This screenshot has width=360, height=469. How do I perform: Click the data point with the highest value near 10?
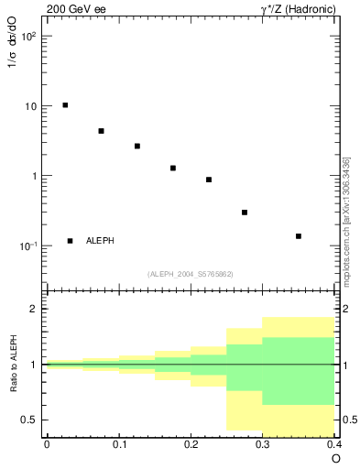click(x=65, y=105)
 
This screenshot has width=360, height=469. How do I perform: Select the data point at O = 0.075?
click(x=101, y=131)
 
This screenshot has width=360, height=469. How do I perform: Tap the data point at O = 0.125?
click(x=136, y=146)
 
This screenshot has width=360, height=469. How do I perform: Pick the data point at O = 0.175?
click(x=173, y=168)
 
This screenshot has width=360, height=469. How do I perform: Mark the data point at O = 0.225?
click(x=209, y=180)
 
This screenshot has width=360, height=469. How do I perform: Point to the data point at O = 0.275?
click(x=245, y=213)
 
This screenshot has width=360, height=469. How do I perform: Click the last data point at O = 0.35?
click(x=299, y=236)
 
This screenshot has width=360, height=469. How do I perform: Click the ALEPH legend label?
click(x=100, y=241)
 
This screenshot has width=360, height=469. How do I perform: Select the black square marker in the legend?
click(x=71, y=241)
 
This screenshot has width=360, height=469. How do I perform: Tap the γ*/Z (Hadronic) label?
click(x=298, y=8)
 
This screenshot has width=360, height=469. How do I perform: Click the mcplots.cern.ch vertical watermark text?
click(x=346, y=221)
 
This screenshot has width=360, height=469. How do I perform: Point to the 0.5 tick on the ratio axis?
click(x=30, y=420)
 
